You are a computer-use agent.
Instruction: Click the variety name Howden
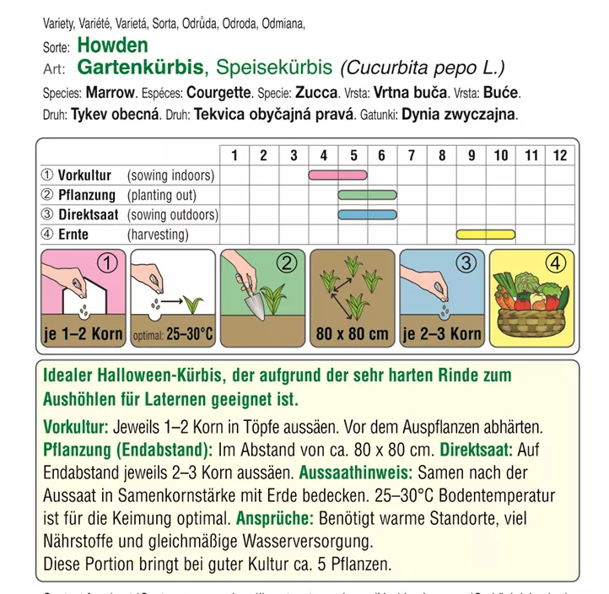[x=111, y=46]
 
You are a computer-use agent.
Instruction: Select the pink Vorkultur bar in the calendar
[x=337, y=175]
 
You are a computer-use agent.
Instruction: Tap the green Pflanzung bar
[x=367, y=195]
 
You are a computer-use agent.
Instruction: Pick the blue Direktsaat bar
[x=367, y=214]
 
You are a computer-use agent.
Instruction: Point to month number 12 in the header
[x=560, y=154]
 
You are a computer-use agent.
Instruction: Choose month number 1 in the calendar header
[x=234, y=154]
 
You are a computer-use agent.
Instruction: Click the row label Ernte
[x=73, y=235]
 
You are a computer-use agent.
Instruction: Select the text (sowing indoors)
[x=171, y=175]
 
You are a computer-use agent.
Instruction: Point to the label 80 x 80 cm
[x=352, y=333]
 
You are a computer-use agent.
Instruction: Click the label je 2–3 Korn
[x=441, y=333]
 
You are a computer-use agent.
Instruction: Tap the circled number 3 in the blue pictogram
[x=466, y=262]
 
